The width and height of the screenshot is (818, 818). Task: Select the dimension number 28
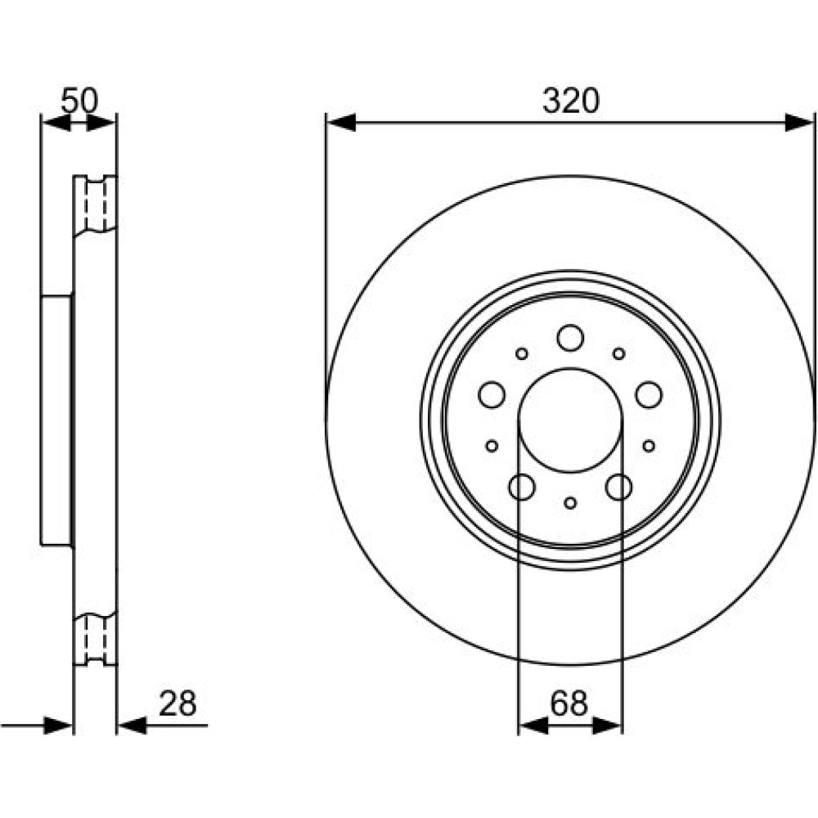178,703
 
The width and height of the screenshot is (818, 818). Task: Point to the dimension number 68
569,703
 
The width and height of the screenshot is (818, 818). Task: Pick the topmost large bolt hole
570,338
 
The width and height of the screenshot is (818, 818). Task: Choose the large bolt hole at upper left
492,395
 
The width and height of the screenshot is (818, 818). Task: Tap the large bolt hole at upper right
649,395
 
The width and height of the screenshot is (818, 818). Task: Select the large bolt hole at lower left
522,488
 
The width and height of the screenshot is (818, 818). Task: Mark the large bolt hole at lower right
619,488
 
